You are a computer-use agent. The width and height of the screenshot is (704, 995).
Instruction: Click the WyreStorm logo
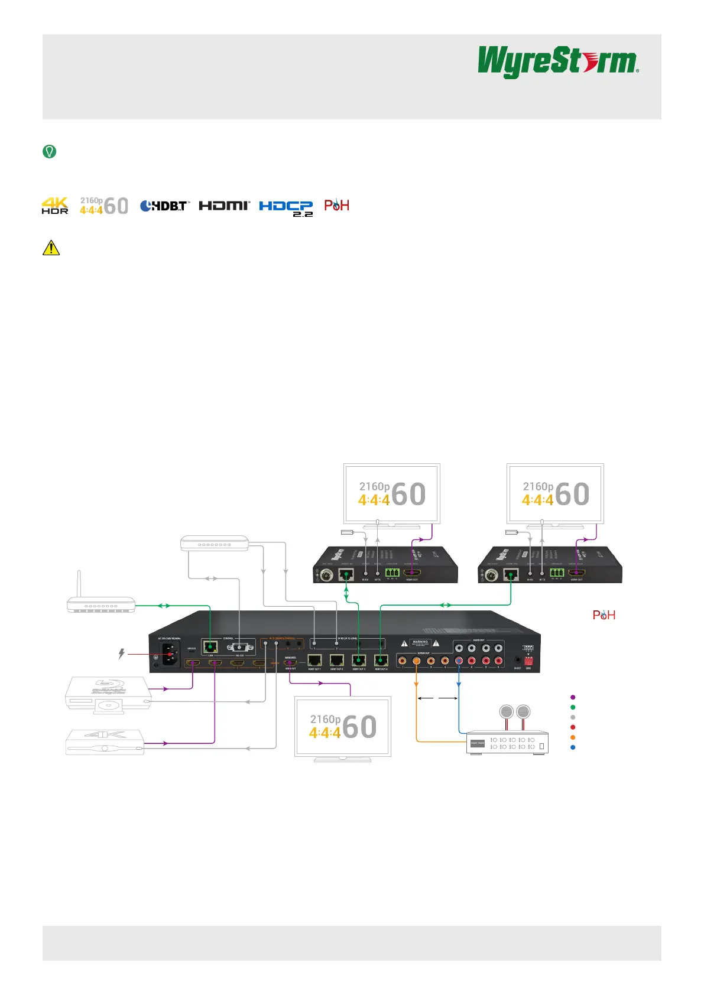[557, 62]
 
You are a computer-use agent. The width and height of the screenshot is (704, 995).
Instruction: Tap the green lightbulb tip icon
[50, 152]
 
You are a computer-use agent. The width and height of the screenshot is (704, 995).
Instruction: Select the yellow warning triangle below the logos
[51, 248]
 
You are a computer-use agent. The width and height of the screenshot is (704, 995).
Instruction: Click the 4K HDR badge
[55, 206]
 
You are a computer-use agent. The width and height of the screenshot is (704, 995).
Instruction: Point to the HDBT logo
[165, 206]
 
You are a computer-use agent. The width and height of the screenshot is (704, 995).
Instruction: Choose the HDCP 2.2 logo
[286, 207]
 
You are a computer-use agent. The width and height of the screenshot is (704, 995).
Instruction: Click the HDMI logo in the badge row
[225, 205]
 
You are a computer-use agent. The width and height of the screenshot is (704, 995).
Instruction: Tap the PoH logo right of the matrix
[604, 615]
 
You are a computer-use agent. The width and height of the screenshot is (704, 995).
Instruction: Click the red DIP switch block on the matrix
[528, 661]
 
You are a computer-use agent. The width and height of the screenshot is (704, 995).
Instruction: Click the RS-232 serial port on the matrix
[239, 647]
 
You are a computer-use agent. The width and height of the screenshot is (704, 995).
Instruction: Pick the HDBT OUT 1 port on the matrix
[314, 661]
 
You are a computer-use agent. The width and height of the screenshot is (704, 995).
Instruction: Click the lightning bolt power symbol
[122, 654]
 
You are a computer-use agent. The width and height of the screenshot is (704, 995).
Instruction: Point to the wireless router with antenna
[100, 603]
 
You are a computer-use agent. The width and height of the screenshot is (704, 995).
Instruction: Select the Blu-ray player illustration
[108, 694]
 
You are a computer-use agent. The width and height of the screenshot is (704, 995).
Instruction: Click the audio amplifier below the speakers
[508, 743]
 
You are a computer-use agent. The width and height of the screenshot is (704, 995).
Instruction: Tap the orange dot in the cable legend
[573, 737]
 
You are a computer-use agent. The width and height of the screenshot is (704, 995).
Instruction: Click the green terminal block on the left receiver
[391, 572]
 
